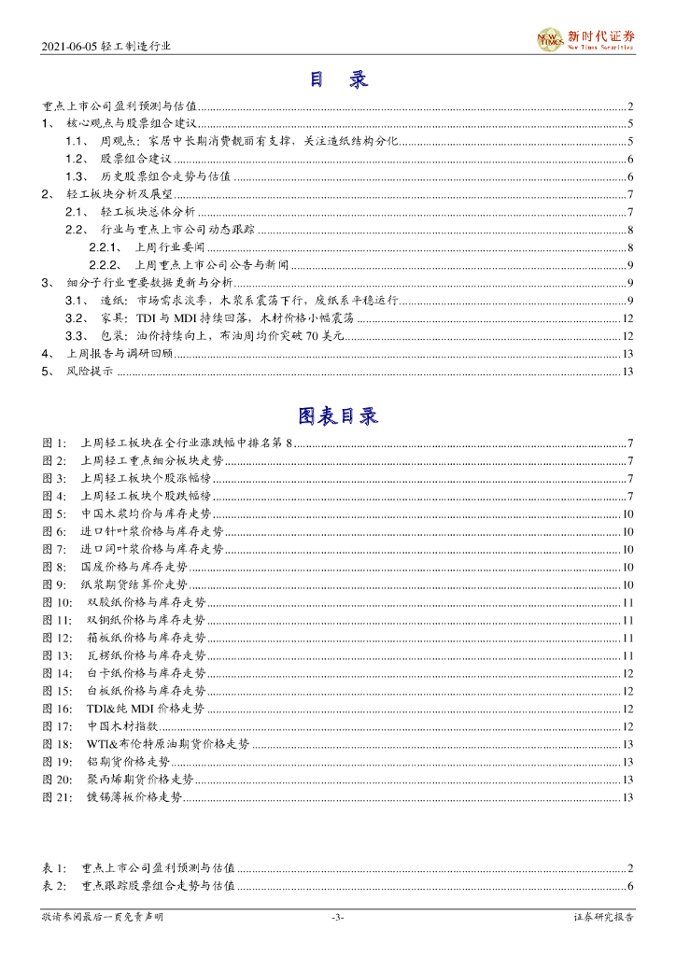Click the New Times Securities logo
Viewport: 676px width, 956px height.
[586, 39]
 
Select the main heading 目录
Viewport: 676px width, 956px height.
[338, 80]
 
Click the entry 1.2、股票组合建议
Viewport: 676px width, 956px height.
[131, 160]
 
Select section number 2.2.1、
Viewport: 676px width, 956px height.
[106, 247]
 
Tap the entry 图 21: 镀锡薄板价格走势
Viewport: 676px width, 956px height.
[132, 796]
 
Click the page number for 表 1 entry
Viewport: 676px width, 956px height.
[631, 867]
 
